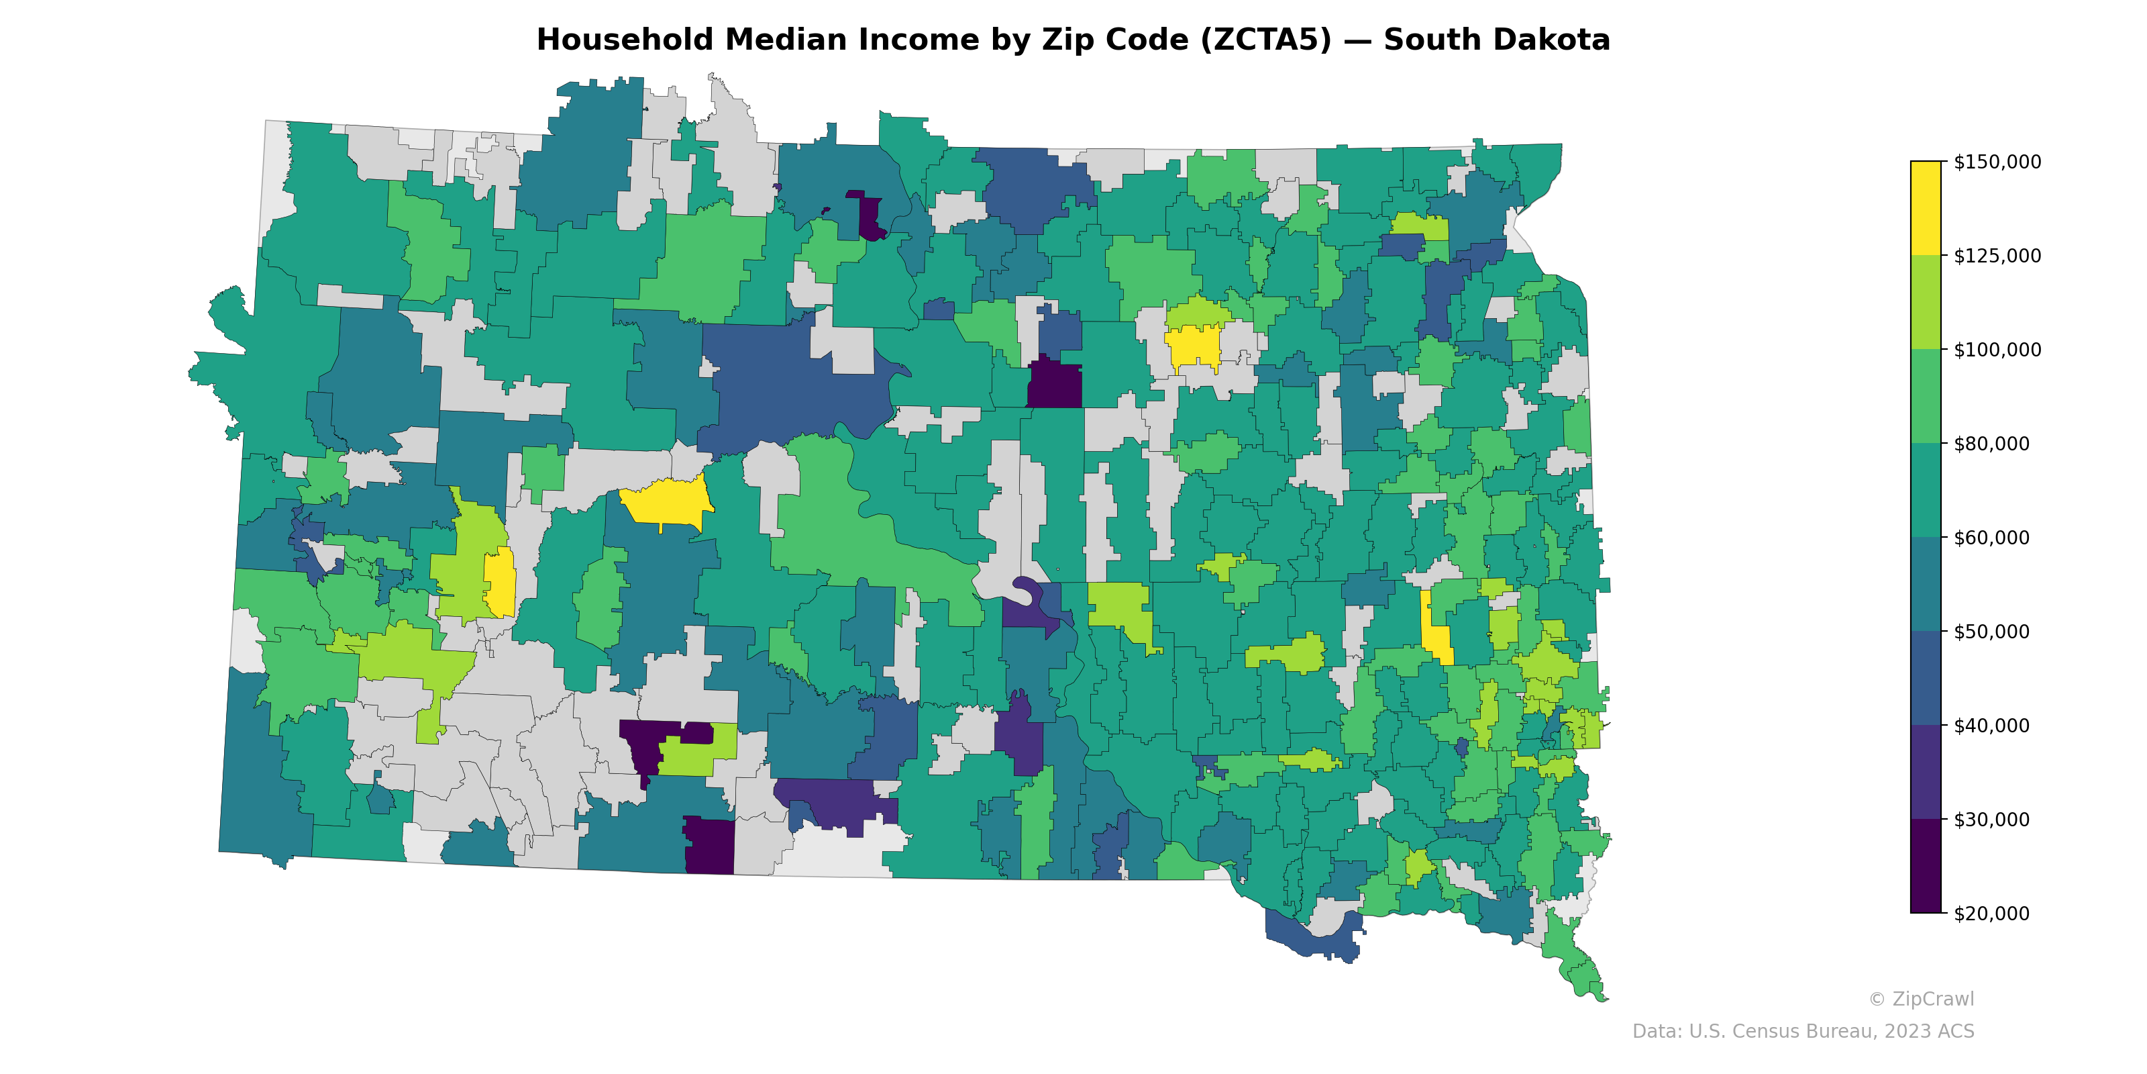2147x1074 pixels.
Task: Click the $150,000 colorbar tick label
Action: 1997,162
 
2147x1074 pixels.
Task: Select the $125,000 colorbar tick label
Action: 1997,256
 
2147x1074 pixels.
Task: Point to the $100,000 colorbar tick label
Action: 1997,349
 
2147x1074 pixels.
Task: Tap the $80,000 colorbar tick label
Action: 1991,444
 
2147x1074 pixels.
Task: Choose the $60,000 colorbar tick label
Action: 1991,538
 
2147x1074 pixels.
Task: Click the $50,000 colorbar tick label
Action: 1991,631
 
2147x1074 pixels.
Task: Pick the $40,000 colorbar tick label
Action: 1991,726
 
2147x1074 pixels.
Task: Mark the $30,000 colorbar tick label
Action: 1991,820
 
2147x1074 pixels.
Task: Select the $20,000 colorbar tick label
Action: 1991,913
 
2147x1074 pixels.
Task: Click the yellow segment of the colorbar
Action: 1926,209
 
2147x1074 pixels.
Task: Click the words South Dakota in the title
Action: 1496,40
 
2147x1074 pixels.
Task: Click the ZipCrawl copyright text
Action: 1920,999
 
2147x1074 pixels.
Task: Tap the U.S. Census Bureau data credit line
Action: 1803,1032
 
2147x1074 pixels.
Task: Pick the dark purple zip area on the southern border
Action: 709,846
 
